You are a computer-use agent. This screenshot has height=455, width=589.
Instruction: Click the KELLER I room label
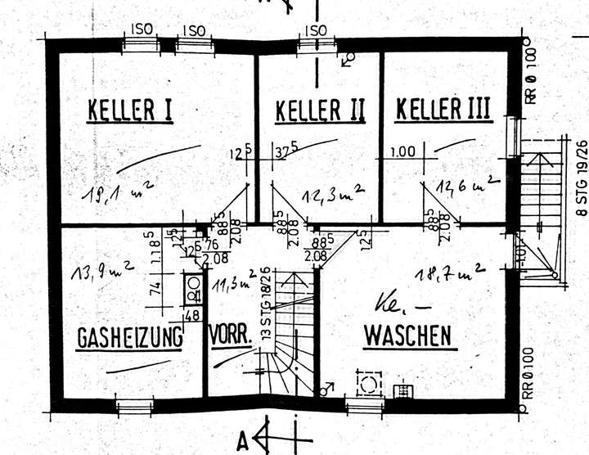coord(129,110)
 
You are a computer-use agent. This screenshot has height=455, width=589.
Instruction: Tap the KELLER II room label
coord(319,110)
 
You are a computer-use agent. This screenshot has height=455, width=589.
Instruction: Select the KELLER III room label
coord(443,109)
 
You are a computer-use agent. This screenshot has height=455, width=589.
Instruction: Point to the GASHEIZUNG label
coord(129,337)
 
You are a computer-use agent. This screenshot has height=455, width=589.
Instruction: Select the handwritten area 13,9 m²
coord(96,272)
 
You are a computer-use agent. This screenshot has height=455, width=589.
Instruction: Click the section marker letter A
coord(243,442)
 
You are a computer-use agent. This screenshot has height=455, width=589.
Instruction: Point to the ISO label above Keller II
coord(315,30)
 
